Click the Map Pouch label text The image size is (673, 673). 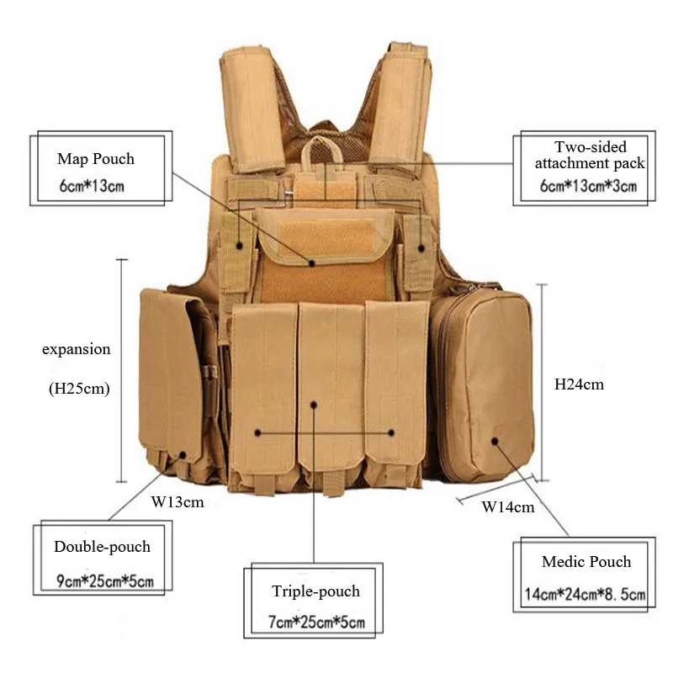pyautogui.click(x=96, y=159)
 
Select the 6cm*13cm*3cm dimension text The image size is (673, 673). pyautogui.click(x=589, y=186)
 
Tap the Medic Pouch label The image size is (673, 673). pyautogui.click(x=586, y=562)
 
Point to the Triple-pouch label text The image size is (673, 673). pyautogui.click(x=315, y=591)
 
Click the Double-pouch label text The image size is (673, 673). pyautogui.click(x=103, y=547)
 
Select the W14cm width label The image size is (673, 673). pyautogui.click(x=507, y=506)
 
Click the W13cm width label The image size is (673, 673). pyautogui.click(x=178, y=502)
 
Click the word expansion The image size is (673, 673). pyautogui.click(x=77, y=349)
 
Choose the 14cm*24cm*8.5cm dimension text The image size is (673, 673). pyautogui.click(x=586, y=596)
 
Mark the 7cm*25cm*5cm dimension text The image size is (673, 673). pyautogui.click(x=316, y=623)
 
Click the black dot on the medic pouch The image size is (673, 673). pyautogui.click(x=495, y=439)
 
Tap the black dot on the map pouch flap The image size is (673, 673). pyautogui.click(x=311, y=262)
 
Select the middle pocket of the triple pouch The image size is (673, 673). pyautogui.click(x=331, y=387)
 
